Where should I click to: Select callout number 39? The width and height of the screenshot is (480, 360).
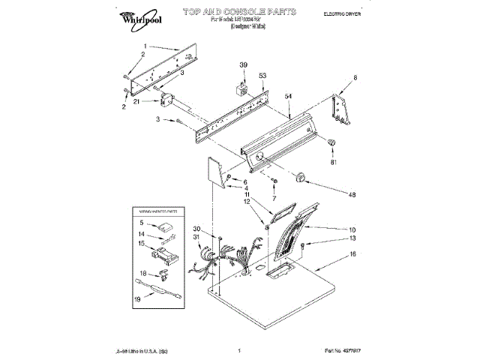pos(242,65)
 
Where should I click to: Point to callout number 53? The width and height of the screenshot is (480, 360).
pos(262,76)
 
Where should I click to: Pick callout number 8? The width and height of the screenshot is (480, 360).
pos(355,78)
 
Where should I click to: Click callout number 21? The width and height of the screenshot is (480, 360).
pos(136,102)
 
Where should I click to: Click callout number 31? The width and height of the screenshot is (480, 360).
pos(197,238)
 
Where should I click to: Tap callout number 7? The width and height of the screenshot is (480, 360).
pos(274,199)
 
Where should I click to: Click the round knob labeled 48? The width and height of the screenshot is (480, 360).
pos(302,177)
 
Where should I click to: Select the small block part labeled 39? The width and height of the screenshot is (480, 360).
pos(242,91)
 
